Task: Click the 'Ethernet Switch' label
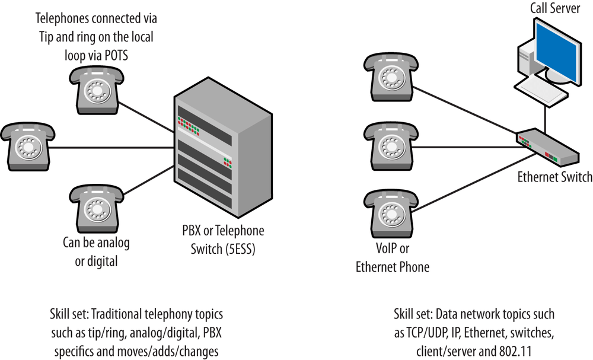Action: coord(554,177)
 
